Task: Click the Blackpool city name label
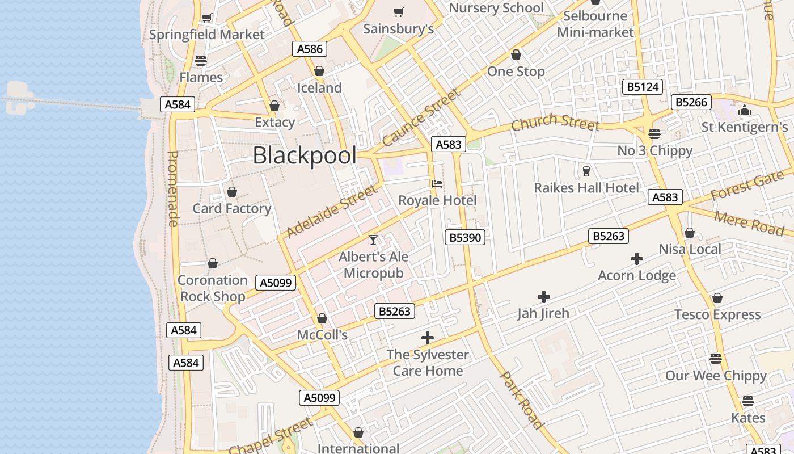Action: pyautogui.click(x=305, y=155)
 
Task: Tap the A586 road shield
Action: pyautogui.click(x=310, y=49)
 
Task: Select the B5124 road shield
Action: pyautogui.click(x=642, y=87)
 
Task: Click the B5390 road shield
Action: pyautogui.click(x=465, y=237)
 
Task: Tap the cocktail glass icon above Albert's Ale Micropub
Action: pyautogui.click(x=373, y=240)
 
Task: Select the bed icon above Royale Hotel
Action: pyautogui.click(x=437, y=184)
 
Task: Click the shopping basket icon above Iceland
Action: pyautogui.click(x=319, y=71)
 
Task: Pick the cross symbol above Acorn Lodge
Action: pyautogui.click(x=637, y=259)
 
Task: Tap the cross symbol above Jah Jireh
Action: pyautogui.click(x=543, y=296)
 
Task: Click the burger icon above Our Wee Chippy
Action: pyautogui.click(x=716, y=359)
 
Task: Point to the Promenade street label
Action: pyautogui.click(x=174, y=188)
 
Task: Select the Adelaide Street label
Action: pyautogui.click(x=332, y=211)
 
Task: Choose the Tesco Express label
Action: pyautogui.click(x=717, y=314)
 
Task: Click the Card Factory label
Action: pyautogui.click(x=231, y=208)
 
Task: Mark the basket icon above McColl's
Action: pyautogui.click(x=322, y=318)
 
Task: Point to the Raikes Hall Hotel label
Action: pyautogui.click(x=586, y=187)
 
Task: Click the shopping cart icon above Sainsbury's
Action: pyautogui.click(x=399, y=12)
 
